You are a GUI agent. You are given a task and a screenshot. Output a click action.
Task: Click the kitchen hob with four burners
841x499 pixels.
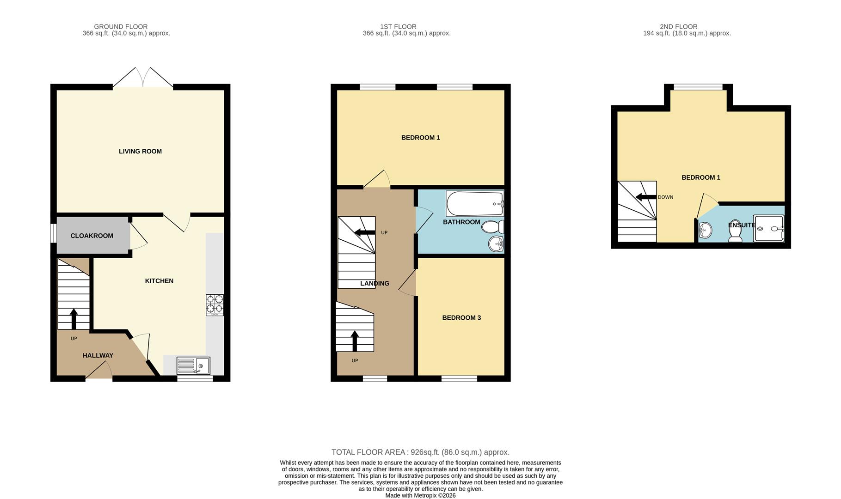coord(215,305)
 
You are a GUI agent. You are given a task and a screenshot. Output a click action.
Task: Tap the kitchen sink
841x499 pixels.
coord(193,365)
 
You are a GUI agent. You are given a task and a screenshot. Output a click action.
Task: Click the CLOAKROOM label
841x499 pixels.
coord(92,236)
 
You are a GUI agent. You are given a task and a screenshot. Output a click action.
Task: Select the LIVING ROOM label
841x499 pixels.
coord(140,151)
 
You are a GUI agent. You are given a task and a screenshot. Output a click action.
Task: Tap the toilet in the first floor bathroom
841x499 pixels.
coord(493,227)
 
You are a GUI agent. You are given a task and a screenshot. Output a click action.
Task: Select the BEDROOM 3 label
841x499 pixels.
coord(461,317)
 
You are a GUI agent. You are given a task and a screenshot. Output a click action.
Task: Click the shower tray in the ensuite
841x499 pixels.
coord(768,228)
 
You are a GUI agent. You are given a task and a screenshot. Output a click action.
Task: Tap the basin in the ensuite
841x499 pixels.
coord(705,229)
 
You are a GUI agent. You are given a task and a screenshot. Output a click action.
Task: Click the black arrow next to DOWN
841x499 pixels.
coord(646,197)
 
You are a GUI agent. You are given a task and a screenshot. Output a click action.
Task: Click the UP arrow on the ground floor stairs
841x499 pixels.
coord(74,319)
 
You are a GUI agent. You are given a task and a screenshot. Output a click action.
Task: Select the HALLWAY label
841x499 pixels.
coord(98,355)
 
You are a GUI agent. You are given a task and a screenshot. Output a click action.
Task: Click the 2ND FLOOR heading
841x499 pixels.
coord(678,27)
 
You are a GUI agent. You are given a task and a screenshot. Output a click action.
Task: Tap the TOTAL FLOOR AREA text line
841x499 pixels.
coord(420,452)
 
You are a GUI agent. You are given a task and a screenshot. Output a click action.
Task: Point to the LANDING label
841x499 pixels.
coord(374,283)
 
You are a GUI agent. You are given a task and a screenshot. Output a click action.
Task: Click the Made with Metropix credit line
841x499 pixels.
coord(420,495)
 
